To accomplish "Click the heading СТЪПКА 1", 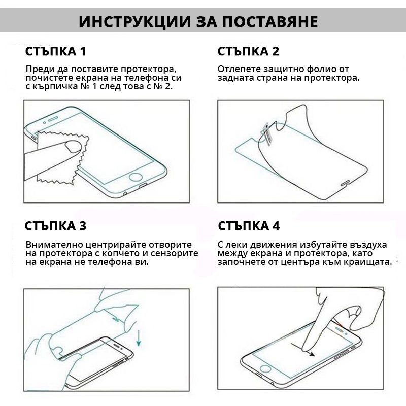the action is [55, 51].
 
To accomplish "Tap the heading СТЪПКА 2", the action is [248, 51].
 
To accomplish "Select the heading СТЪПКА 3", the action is [55, 226].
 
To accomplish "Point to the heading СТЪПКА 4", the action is [249, 226].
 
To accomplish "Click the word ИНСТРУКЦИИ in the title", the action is [134, 21].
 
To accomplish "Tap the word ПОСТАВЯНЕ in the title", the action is [270, 21].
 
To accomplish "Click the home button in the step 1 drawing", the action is [136, 177].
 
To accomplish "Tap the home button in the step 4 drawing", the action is [264, 369].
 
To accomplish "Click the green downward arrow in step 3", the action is [139, 338].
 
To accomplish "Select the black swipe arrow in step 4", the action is [303, 350].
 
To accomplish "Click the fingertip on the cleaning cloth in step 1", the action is [73, 147].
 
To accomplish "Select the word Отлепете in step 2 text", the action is [239, 69].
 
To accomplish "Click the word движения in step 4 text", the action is [273, 245].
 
